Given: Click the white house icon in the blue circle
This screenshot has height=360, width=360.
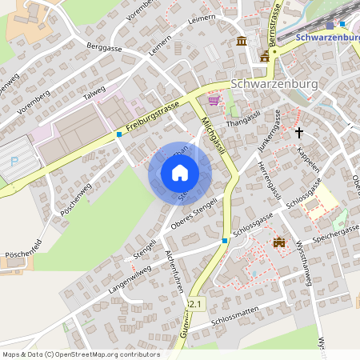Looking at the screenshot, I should click(180, 173).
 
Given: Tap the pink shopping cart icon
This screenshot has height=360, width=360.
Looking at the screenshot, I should click(214, 101).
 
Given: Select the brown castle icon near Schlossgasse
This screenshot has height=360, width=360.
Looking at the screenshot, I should click(279, 242).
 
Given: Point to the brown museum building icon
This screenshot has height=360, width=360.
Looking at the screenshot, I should click(241, 42).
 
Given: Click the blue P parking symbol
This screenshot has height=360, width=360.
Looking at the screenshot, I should click(14, 162).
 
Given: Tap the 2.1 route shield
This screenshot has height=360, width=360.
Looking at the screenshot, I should click(197, 304).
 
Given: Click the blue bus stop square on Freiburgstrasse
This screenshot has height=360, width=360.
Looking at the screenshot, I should click(119, 134).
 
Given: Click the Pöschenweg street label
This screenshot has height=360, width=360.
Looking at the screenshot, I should click(78, 200).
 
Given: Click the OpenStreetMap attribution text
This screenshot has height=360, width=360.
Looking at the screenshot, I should click(81, 354).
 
